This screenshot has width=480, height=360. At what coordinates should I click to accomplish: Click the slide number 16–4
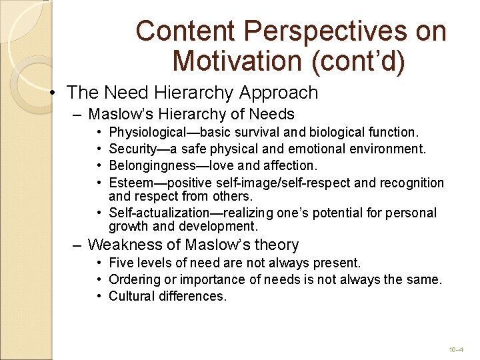[456, 349]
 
